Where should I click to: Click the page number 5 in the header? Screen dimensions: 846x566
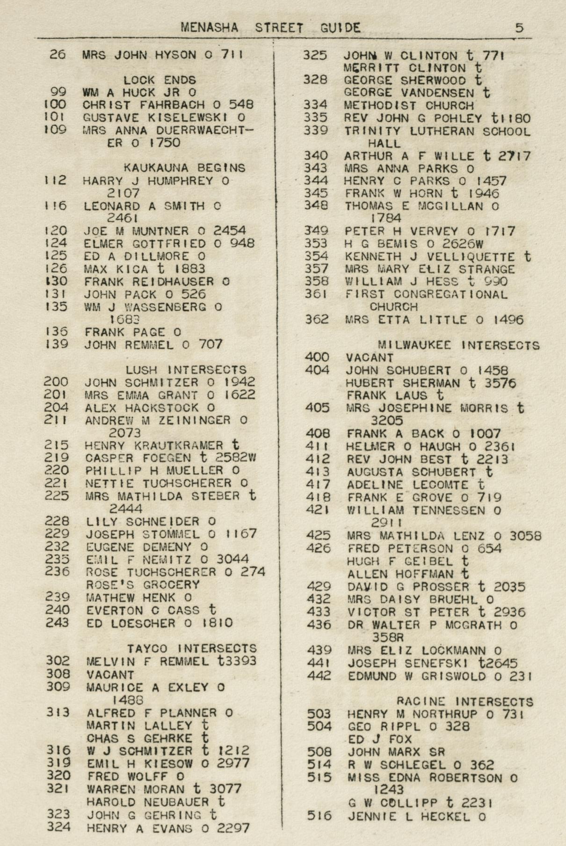pyautogui.click(x=519, y=28)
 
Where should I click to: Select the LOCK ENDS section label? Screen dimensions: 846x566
pyautogui.click(x=160, y=80)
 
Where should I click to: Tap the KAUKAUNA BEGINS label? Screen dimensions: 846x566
pyautogui.click(x=184, y=168)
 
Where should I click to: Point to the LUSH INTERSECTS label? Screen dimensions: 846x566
pyautogui.click(x=186, y=370)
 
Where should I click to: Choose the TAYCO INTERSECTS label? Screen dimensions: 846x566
pyautogui.click(x=192, y=649)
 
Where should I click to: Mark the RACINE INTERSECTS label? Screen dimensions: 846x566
pyautogui.click(x=465, y=701)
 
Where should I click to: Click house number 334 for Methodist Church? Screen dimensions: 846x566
pyautogui.click(x=315, y=105)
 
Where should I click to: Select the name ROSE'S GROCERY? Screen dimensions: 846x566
pyautogui.click(x=143, y=584)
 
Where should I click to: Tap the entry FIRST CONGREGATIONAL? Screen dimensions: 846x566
pyautogui.click(x=426, y=294)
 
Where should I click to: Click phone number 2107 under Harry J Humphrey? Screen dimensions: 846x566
pyautogui.click(x=123, y=193)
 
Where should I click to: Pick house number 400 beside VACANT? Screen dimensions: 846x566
pyautogui.click(x=317, y=357)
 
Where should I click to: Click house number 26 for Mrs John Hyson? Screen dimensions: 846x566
pyautogui.click(x=58, y=54)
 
